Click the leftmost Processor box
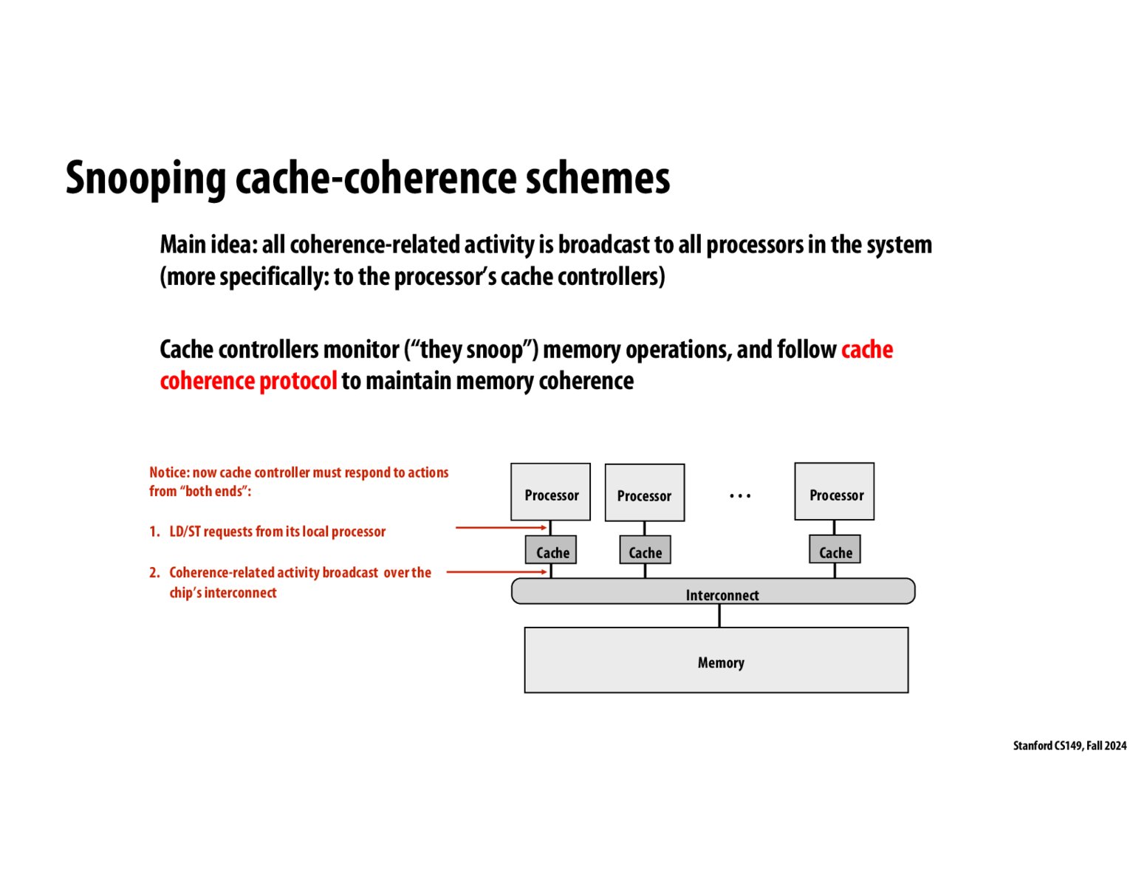[x=550, y=492]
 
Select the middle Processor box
[x=644, y=492]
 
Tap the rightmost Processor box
[x=835, y=492]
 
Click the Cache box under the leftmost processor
[x=551, y=550]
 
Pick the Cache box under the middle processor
[x=645, y=550]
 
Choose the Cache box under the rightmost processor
[x=835, y=550]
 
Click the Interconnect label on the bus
[x=722, y=595]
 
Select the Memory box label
[x=720, y=662]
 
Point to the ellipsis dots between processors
[x=739, y=496]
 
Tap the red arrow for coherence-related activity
[x=496, y=572]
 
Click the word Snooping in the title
[x=145, y=179]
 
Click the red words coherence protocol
[x=248, y=381]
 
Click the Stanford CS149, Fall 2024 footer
[x=1069, y=746]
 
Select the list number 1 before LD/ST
[x=154, y=532]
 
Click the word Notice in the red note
[x=169, y=473]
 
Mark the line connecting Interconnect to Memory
[x=719, y=615]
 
